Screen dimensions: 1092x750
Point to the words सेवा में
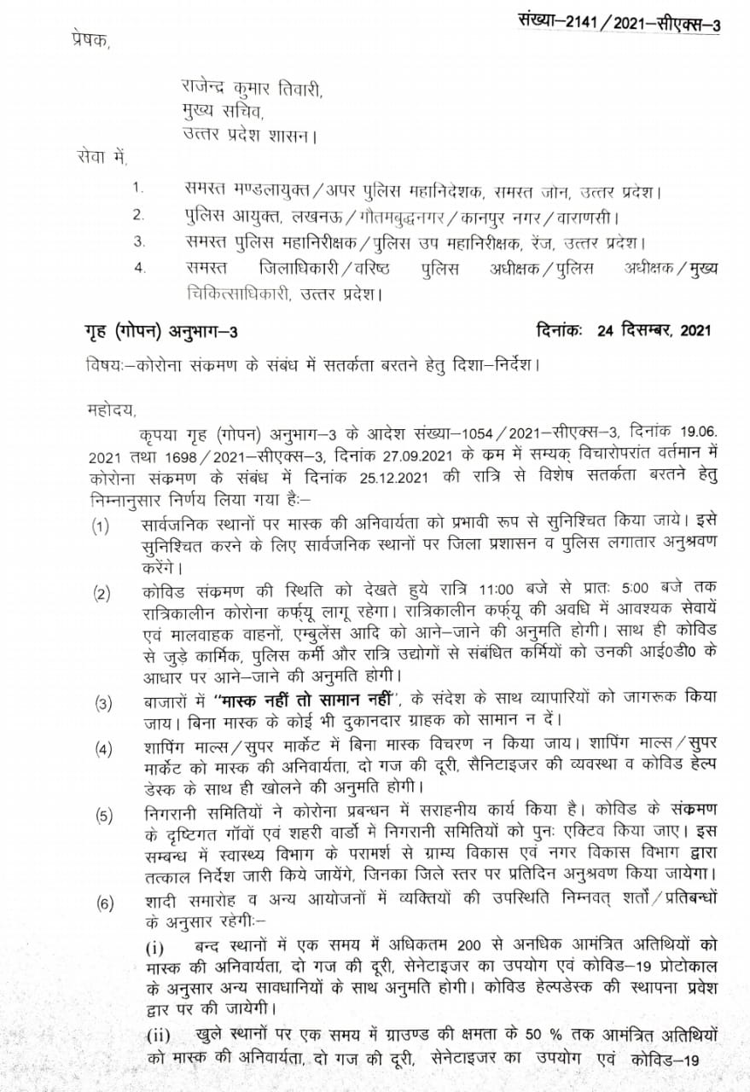(99, 157)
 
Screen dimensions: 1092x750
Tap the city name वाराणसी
(589, 216)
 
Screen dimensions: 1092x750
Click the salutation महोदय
(111, 408)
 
